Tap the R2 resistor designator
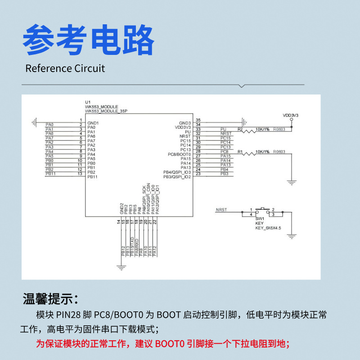click(240, 130)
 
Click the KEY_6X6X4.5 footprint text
click(268, 228)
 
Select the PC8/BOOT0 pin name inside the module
click(179, 154)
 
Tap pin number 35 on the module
click(198, 120)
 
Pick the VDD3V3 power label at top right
click(290, 115)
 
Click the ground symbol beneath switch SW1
click(292, 235)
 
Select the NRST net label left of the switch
click(221, 210)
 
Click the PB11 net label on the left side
click(50, 174)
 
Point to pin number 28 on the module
click(198, 152)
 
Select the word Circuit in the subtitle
click(90, 68)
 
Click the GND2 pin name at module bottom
click(121, 208)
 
